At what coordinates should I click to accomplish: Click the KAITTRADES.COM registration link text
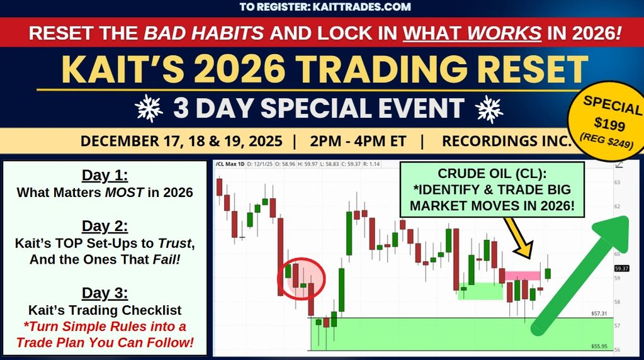click(361, 7)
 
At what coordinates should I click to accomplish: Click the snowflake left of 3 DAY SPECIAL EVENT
click(149, 108)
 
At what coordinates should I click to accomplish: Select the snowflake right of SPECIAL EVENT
click(489, 109)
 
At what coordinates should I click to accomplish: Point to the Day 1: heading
click(105, 175)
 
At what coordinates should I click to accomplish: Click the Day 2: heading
click(105, 226)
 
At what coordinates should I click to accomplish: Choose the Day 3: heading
click(105, 293)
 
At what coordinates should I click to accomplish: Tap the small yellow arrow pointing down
click(519, 238)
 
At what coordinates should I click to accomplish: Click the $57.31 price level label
click(599, 313)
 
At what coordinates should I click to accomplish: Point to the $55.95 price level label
click(599, 346)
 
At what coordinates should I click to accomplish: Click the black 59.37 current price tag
click(621, 269)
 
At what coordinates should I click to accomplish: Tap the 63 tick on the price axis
click(618, 183)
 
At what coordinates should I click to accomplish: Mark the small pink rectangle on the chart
click(523, 276)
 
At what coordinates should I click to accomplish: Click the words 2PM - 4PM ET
click(358, 141)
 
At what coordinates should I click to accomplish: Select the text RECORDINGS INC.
click(507, 141)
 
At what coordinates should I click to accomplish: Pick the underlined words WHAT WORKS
click(472, 33)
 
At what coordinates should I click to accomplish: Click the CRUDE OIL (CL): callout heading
click(492, 174)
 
